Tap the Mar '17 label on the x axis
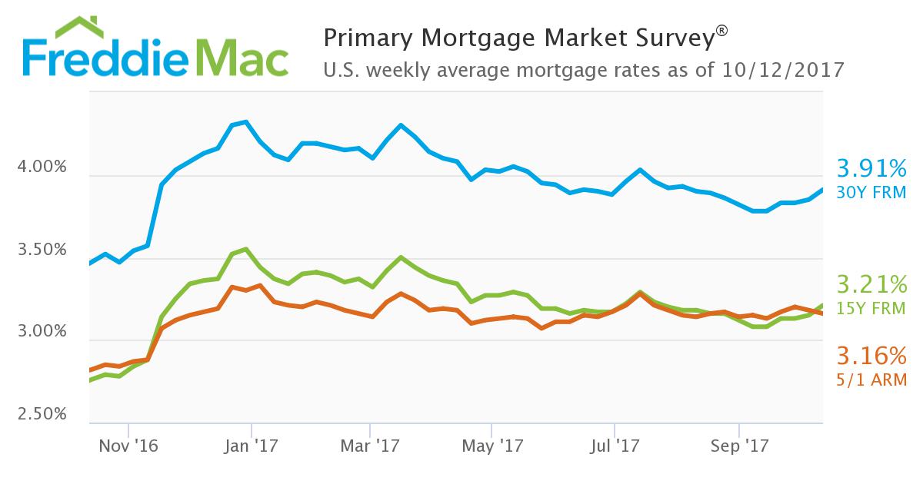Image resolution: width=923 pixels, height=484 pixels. [x=370, y=445]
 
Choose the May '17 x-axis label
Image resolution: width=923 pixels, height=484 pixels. [x=492, y=445]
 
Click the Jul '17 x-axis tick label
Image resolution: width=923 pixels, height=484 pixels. [x=615, y=445]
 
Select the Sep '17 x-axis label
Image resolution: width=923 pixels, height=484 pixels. [x=738, y=445]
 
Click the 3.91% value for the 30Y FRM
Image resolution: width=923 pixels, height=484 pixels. [x=871, y=168]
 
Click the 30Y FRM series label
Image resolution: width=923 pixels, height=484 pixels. [x=871, y=191]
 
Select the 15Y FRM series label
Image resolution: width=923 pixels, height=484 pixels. [x=871, y=309]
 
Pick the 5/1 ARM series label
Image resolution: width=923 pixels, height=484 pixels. [x=871, y=380]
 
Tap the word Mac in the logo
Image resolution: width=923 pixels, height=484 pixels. [x=242, y=57]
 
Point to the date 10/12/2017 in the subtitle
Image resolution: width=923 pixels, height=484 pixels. [x=785, y=70]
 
